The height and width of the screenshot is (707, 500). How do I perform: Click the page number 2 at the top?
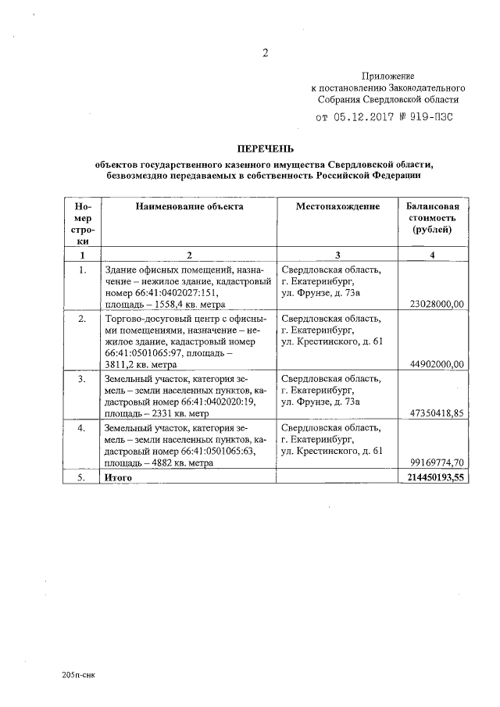coord(265,54)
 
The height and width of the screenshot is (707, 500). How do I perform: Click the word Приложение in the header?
coord(388,77)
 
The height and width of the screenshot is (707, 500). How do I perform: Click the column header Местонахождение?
coord(337,207)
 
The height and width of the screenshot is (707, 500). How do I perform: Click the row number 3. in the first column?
coord(82,379)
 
